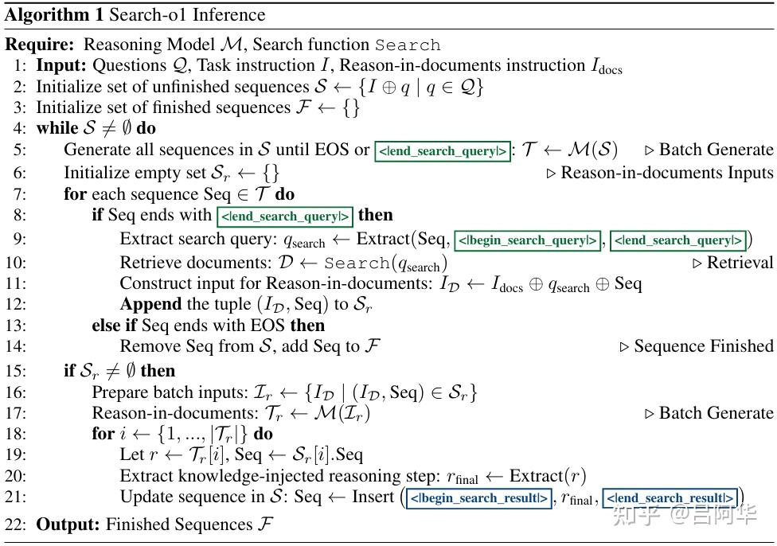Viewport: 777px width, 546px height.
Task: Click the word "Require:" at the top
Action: pyautogui.click(x=40, y=45)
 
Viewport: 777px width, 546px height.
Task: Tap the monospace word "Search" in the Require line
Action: pyautogui.click(x=408, y=45)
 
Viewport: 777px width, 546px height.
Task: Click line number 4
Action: pyautogui.click(x=19, y=128)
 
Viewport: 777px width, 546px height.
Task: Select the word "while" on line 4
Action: pyautogui.click(x=56, y=128)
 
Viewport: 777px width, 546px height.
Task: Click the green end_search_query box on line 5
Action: pyautogui.click(x=443, y=150)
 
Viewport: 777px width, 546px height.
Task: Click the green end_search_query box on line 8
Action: pyautogui.click(x=285, y=216)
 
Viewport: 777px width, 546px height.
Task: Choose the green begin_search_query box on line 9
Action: pyautogui.click(x=527, y=240)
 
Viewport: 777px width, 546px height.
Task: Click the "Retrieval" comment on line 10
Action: pyautogui.click(x=739, y=262)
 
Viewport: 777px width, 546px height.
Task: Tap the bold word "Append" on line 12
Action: pyautogui.click(x=150, y=303)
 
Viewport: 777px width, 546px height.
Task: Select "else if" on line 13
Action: pyautogui.click(x=116, y=325)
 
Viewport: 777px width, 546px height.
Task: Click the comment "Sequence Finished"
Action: pyautogui.click(x=702, y=346)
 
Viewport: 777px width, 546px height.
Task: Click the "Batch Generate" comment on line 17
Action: pyautogui.click(x=716, y=413)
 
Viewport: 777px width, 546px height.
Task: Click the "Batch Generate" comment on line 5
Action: pyautogui.click(x=716, y=150)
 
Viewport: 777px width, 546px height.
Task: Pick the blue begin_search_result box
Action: pyautogui.click(x=478, y=499)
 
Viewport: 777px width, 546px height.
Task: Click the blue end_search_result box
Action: pyautogui.click(x=670, y=499)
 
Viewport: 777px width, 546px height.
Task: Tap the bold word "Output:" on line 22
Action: pyautogui.click(x=68, y=525)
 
